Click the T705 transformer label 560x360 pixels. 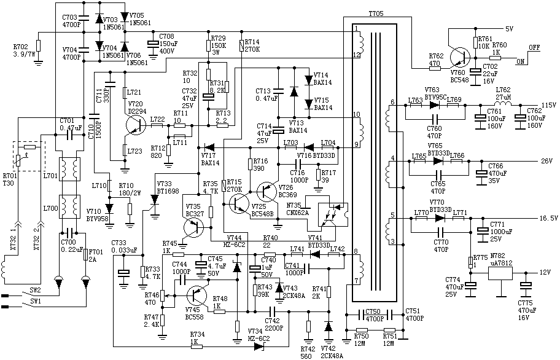[x=376, y=13]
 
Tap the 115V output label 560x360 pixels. [x=548, y=104]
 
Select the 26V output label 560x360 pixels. [x=546, y=162]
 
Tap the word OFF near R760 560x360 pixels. [x=534, y=47]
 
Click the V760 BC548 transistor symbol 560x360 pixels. [x=457, y=57]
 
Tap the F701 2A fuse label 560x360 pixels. [x=96, y=255]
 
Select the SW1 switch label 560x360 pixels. [x=35, y=302]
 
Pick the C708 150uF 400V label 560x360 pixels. [x=166, y=44]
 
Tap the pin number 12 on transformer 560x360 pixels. [x=356, y=55]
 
